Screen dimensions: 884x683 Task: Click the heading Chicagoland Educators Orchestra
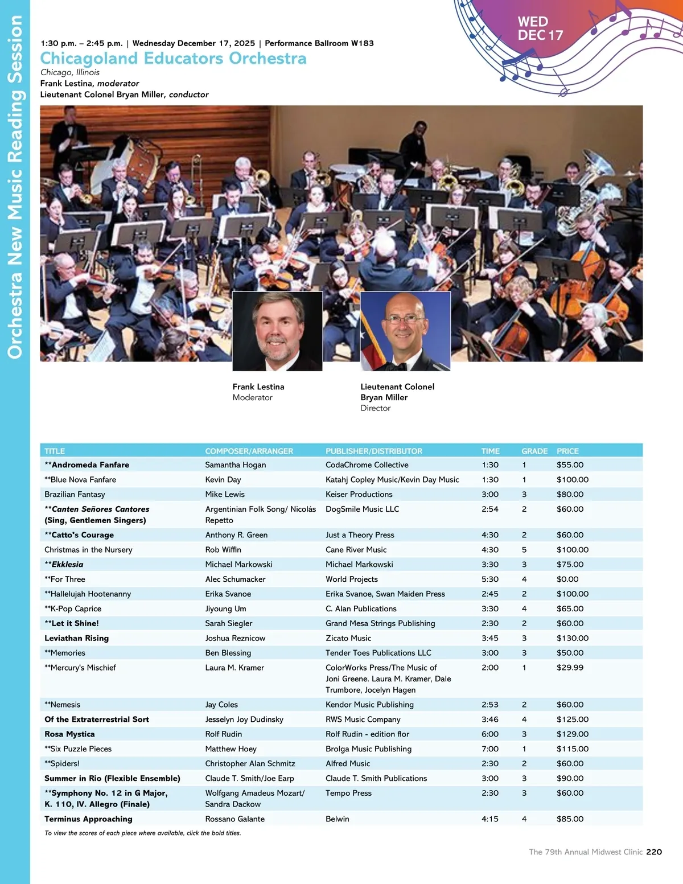pyautogui.click(x=173, y=59)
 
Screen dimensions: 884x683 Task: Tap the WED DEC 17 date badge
pyautogui.click(x=540, y=28)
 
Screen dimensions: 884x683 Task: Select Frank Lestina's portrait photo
pyautogui.click(x=277, y=331)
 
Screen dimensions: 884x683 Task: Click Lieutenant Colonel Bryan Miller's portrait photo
pyautogui.click(x=405, y=331)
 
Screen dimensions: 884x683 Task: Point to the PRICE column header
pyautogui.click(x=567, y=451)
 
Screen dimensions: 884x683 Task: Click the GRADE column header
pyautogui.click(x=534, y=451)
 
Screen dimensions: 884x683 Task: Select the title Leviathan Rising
pyautogui.click(x=76, y=638)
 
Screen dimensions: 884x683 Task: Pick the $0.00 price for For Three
pyautogui.click(x=567, y=579)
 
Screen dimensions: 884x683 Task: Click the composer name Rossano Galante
pyautogui.click(x=234, y=819)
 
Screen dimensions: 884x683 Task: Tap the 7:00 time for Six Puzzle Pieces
pyautogui.click(x=489, y=749)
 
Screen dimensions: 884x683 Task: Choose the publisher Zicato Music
pyautogui.click(x=348, y=638)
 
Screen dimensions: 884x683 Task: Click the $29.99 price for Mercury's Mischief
pyautogui.click(x=570, y=667)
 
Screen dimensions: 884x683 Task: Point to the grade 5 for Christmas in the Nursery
pyautogui.click(x=524, y=549)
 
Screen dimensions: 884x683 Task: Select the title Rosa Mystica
pyautogui.click(x=69, y=734)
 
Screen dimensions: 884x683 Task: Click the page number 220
pyautogui.click(x=654, y=852)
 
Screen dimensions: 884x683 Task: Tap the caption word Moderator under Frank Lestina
pyautogui.click(x=252, y=397)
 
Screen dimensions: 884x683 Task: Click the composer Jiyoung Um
pyautogui.click(x=225, y=608)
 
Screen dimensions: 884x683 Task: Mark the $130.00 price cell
pyautogui.click(x=573, y=638)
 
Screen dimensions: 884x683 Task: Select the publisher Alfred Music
pyautogui.click(x=347, y=763)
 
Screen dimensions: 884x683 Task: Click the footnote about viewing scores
pyautogui.click(x=142, y=833)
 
